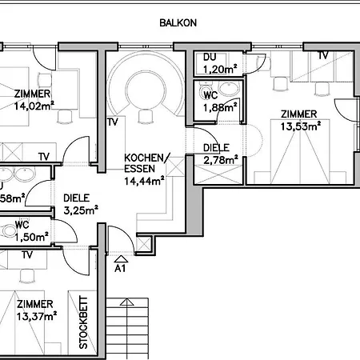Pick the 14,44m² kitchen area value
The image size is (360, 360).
click(145, 181)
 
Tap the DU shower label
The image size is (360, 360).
click(210, 58)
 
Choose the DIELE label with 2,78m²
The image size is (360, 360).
click(217, 148)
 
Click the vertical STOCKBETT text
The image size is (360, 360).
click(83, 324)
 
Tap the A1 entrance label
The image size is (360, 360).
click(121, 269)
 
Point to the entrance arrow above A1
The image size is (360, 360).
click(121, 258)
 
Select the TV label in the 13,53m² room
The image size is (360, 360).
click(323, 55)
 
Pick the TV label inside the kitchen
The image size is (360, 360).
click(114, 122)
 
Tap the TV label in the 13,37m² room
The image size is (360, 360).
click(26, 255)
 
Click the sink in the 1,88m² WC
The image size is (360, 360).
click(230, 89)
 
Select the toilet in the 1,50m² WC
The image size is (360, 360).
click(10, 231)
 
